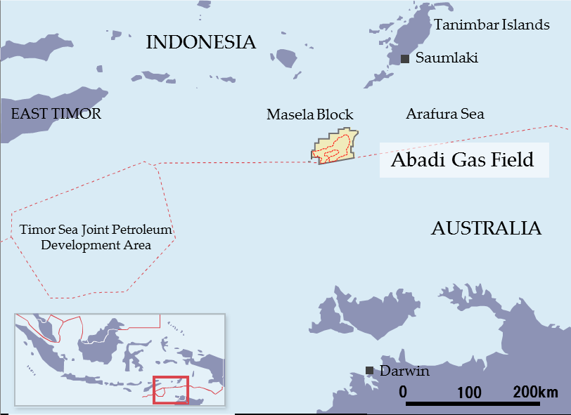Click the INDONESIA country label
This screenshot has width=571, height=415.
point(200,42)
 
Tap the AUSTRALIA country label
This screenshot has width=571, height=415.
point(486,228)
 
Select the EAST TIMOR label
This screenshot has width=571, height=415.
point(56,114)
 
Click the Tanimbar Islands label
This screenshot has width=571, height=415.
point(492,25)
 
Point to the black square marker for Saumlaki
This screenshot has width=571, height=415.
point(405,58)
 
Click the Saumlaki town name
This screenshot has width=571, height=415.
point(447,58)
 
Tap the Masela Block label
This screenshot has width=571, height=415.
point(309,114)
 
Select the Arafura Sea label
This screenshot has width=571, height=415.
point(444,114)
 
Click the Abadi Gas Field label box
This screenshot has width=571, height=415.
point(463,160)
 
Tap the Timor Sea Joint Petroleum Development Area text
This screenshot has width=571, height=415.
point(96,237)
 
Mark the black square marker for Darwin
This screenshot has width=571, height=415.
point(369,371)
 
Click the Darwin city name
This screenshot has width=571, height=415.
point(404,371)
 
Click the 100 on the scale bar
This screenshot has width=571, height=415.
point(469,391)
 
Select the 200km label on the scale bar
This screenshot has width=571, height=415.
point(534,391)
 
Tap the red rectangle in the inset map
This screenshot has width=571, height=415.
point(171,390)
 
